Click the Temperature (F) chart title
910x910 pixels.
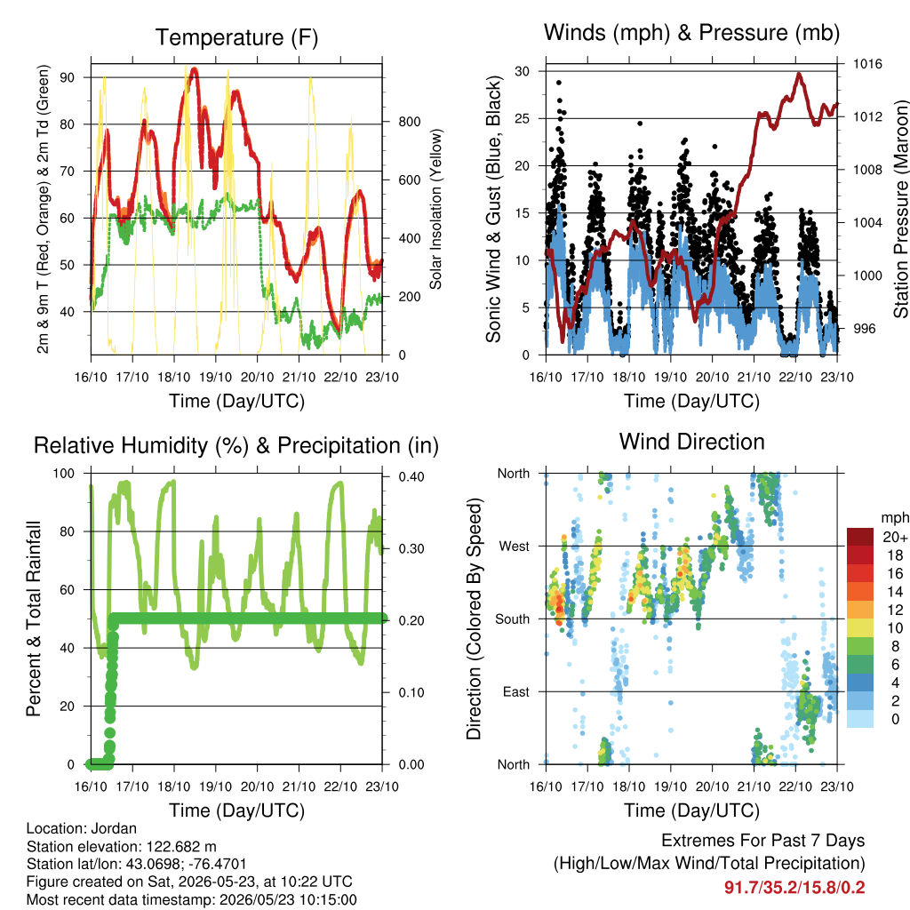[x=236, y=37]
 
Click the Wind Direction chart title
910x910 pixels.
[x=691, y=442]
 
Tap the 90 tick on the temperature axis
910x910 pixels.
[x=67, y=77]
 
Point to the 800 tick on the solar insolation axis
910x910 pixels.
[x=409, y=122]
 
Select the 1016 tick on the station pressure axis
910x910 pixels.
[x=867, y=64]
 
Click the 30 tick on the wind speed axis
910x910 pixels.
[x=522, y=71]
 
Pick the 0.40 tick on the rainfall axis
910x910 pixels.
[x=411, y=477]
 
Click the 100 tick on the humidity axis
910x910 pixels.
[x=64, y=474]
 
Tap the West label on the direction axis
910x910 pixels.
[x=515, y=547]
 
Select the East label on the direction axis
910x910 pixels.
[x=516, y=692]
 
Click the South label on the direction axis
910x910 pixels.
[x=513, y=619]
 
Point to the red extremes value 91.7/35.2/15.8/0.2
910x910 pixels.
[x=794, y=888]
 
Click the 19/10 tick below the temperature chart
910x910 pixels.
[x=216, y=377]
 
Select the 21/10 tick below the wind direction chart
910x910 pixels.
[x=754, y=787]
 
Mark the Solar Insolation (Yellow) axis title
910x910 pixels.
[x=435, y=209]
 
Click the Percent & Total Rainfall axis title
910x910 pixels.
[x=34, y=619]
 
